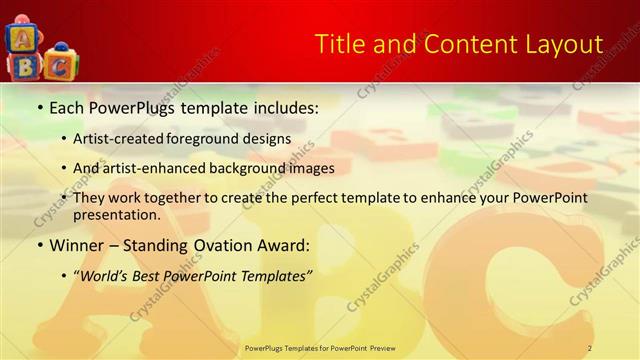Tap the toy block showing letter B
(22, 66)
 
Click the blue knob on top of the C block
(60, 46)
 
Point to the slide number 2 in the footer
(590, 348)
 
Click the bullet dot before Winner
(39, 244)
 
